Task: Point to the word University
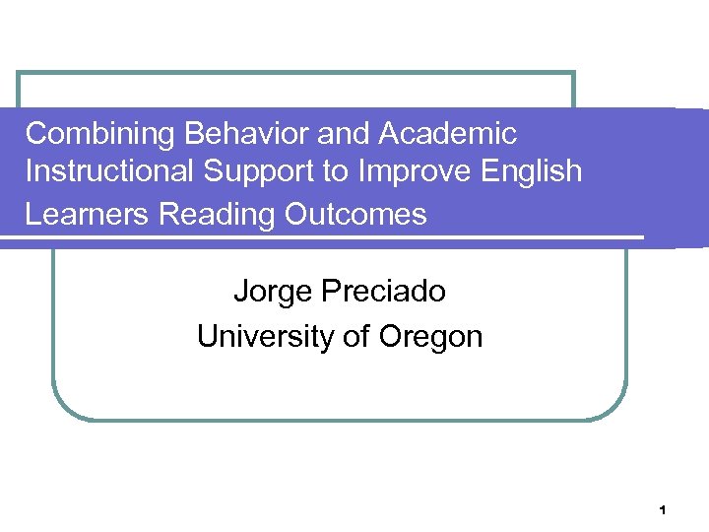pyautogui.click(x=257, y=337)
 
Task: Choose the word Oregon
pyautogui.click(x=429, y=338)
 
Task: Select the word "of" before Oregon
pyautogui.click(x=354, y=337)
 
